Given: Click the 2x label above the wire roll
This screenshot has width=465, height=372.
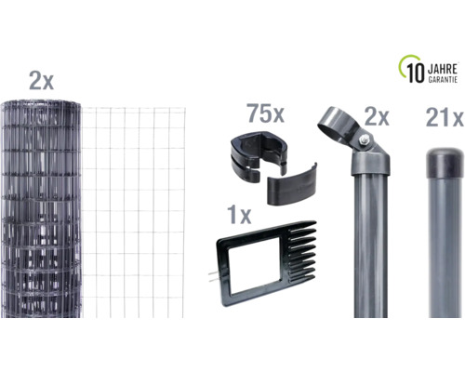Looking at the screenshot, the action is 41,81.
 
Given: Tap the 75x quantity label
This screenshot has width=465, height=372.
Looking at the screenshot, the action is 265,113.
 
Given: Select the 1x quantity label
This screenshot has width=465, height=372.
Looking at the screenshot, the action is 239,215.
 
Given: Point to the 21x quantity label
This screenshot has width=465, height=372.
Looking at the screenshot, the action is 445,118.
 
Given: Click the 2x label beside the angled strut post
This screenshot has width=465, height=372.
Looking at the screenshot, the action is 377,116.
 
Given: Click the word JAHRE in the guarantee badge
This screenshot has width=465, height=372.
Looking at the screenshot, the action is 443,70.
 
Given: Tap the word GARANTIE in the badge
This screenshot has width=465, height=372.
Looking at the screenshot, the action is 443,80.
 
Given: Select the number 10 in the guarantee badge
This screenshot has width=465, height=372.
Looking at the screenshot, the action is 416,73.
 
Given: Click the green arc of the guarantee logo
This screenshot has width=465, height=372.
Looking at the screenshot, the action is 403,63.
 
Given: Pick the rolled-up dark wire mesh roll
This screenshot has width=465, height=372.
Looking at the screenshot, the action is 41,208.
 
